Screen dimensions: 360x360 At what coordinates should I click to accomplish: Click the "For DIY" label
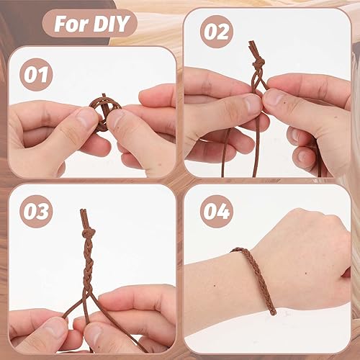(89, 24)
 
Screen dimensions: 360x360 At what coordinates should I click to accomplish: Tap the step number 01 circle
(36, 75)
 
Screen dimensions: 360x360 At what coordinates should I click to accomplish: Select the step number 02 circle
(217, 32)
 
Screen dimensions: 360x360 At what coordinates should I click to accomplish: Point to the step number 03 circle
(36, 212)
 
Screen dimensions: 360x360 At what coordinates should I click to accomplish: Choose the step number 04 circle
(217, 212)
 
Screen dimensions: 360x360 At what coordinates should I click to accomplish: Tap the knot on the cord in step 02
(258, 63)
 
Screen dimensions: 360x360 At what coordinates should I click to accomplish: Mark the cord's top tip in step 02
(251, 42)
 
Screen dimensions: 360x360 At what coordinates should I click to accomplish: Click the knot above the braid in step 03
(89, 233)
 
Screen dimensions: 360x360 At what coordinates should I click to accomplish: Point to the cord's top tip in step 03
(83, 210)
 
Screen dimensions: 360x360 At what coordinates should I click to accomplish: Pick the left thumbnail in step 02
(252, 104)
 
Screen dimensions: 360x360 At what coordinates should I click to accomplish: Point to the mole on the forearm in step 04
(214, 286)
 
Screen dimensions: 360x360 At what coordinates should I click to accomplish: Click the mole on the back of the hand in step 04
(305, 273)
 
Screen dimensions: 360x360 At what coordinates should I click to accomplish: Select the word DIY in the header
(111, 24)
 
